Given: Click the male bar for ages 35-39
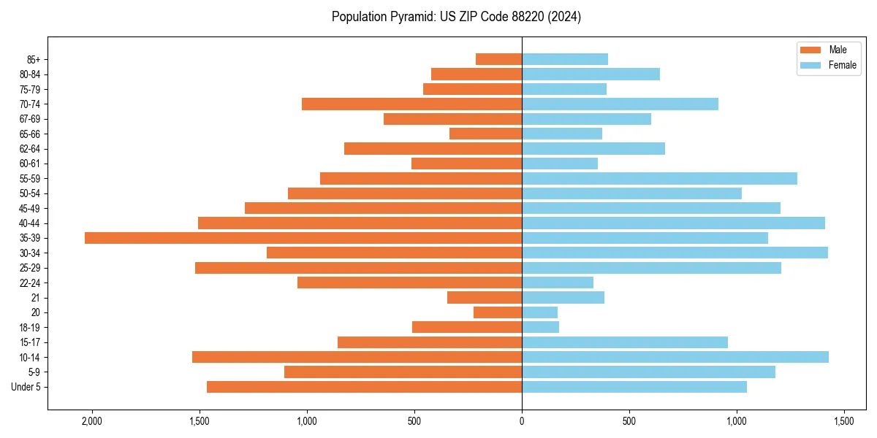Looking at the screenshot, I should pyautogui.click(x=303, y=238).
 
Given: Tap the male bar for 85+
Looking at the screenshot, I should pyautogui.click(x=498, y=59).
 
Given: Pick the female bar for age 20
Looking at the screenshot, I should pyautogui.click(x=539, y=312).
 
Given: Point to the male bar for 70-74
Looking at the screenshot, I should pyautogui.click(x=411, y=104).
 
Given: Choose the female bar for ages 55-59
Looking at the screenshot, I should pyautogui.click(x=659, y=178).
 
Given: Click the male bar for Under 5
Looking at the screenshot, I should pyautogui.click(x=364, y=387).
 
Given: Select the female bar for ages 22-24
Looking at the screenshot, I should pyautogui.click(x=558, y=283).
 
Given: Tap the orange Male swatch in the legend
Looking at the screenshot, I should pyautogui.click(x=810, y=50).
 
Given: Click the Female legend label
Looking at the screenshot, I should pyautogui.click(x=843, y=65).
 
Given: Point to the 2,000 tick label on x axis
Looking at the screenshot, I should pyautogui.click(x=91, y=421).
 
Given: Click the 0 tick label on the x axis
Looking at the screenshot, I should pyautogui.click(x=522, y=421).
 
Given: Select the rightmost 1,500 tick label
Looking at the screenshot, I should pyautogui.click(x=844, y=421).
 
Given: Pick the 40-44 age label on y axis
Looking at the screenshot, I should pyautogui.click(x=29, y=223).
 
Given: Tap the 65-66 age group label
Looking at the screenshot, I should pyautogui.click(x=29, y=134).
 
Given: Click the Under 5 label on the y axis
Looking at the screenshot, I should pyautogui.click(x=26, y=387).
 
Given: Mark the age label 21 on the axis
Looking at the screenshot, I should pyautogui.click(x=36, y=298).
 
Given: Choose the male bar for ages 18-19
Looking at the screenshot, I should pyautogui.click(x=467, y=327).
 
